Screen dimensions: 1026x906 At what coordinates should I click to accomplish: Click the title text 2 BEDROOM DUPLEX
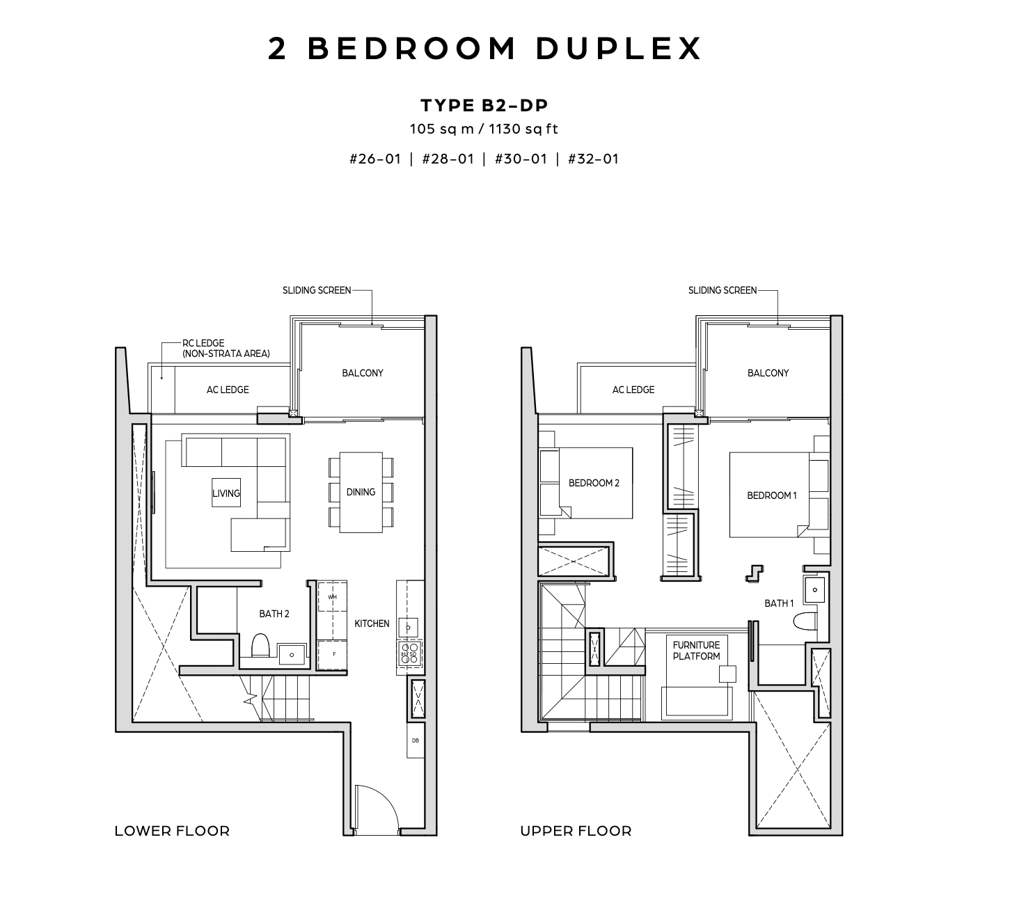[484, 49]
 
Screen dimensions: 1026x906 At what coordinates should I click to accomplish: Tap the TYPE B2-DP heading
[484, 105]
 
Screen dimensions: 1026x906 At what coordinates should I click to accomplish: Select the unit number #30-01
[521, 159]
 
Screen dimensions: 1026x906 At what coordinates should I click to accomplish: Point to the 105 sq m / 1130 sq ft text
[484, 129]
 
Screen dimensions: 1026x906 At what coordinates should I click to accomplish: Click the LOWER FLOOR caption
[172, 831]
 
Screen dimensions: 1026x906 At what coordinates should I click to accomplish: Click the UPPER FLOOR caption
[576, 831]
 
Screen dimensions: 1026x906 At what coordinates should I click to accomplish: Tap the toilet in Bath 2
[260, 644]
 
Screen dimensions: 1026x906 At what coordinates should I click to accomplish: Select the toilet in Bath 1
[805, 621]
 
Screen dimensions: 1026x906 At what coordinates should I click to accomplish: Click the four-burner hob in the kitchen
[410, 653]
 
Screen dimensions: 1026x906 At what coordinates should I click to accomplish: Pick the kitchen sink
[408, 627]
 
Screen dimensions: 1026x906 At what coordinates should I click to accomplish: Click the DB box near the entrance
[416, 740]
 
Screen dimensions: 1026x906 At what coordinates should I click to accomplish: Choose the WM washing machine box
[332, 597]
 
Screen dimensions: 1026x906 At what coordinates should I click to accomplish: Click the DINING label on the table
[361, 492]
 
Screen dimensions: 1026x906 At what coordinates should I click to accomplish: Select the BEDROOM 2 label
[594, 483]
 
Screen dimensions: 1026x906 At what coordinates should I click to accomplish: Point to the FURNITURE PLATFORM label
[696, 651]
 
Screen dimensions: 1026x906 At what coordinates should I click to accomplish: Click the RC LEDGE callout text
[226, 349]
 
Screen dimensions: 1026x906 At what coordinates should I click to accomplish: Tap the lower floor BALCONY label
[363, 373]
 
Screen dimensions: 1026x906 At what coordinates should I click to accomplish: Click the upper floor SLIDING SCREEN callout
[722, 290]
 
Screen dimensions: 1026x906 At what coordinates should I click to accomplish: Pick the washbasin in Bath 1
[815, 590]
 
